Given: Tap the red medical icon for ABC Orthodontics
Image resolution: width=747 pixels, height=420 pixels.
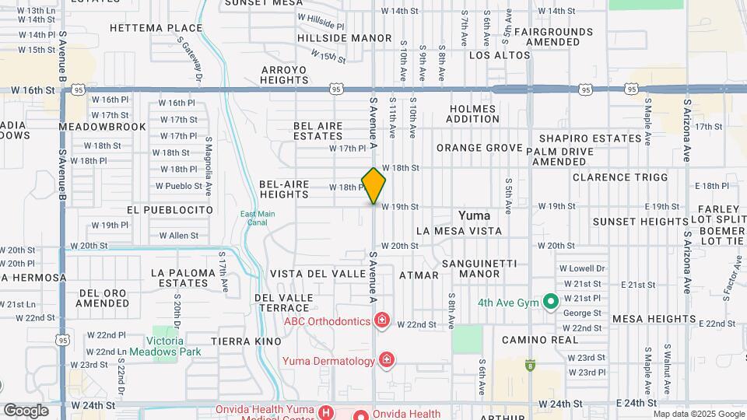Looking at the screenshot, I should coord(382,320).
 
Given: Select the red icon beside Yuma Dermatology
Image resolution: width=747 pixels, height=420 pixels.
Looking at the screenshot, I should coord(386,359).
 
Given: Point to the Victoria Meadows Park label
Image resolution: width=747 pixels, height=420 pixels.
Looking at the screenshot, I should coord(174,346).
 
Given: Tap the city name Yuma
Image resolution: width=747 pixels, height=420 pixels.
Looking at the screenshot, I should coord(474,215).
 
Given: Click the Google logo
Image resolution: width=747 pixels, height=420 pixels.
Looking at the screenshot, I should coord(25,410).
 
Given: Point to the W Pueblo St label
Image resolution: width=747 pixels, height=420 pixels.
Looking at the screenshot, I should coord(178,186).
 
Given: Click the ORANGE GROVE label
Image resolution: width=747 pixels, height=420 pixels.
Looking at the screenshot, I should coord(479,148).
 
